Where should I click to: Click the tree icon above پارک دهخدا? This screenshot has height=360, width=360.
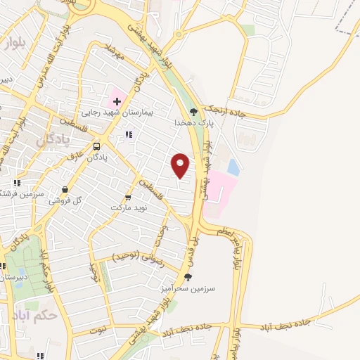[195, 111]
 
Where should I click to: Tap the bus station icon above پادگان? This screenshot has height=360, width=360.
[96, 147]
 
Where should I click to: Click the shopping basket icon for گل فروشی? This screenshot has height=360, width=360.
[65, 189]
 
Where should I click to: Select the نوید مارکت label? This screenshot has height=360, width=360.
[129, 208]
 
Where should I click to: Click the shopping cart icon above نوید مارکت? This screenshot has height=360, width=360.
[127, 198]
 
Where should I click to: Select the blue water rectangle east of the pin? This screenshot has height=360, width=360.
[233, 168]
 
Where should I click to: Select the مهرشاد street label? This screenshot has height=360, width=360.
[113, 51]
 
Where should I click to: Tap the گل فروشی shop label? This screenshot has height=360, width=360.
[66, 200]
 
